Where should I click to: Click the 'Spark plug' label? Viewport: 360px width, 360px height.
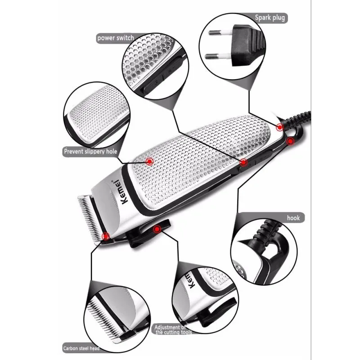tap(270, 18)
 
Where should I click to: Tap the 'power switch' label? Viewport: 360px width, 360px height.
tap(115, 38)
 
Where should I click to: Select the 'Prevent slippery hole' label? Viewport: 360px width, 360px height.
tap(90, 152)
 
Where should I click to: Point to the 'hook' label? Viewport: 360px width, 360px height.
tap(293, 217)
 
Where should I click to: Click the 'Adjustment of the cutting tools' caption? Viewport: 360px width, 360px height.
tap(174, 329)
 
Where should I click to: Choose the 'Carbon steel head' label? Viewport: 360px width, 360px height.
tap(81, 348)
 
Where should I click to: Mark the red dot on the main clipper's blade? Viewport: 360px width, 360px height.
tap(106, 235)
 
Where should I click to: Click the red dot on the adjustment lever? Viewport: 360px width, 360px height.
tap(157, 229)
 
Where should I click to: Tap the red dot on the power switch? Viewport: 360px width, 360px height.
tap(243, 162)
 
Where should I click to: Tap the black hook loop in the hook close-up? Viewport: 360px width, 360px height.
tap(270, 252)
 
